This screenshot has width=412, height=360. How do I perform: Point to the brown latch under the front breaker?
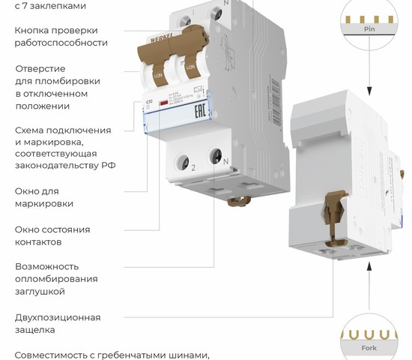238,202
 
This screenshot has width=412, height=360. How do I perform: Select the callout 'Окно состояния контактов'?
52,235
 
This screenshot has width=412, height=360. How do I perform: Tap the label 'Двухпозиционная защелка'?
58,323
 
